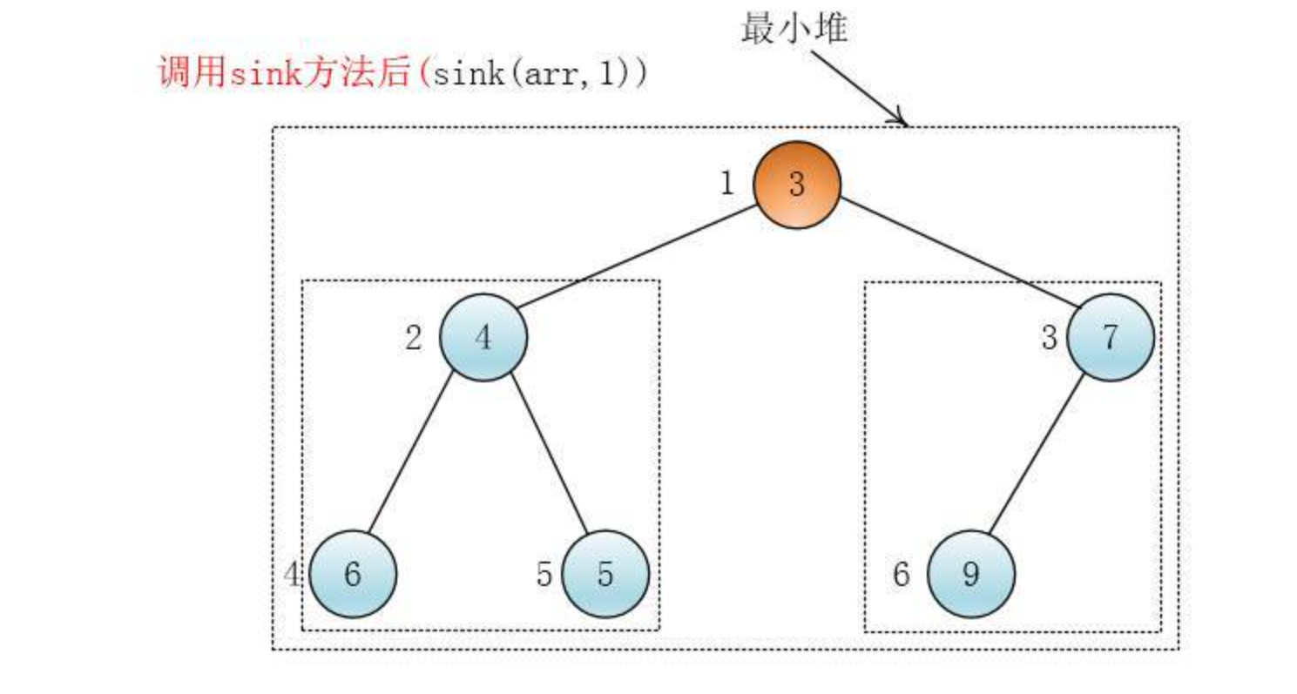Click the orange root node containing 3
click(796, 185)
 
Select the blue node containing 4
click(483, 337)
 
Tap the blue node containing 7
click(1110, 337)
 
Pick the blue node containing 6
click(353, 575)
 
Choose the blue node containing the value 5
click(605, 575)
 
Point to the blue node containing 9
click(970, 575)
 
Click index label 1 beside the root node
click(727, 185)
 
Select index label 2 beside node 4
click(414, 338)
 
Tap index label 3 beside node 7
click(1050, 338)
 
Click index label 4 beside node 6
click(294, 575)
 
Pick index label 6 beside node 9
click(902, 575)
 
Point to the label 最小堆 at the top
click(794, 28)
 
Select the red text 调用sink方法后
click(283, 74)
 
